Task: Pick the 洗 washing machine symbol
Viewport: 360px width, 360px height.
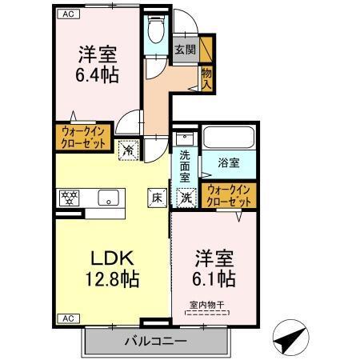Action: tap(185, 196)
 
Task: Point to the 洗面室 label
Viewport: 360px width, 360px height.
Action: tap(185, 164)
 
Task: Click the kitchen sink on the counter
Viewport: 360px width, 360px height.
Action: tap(106, 197)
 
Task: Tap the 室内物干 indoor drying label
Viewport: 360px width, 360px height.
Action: tap(206, 303)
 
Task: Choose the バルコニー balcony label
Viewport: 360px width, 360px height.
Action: tap(155, 342)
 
